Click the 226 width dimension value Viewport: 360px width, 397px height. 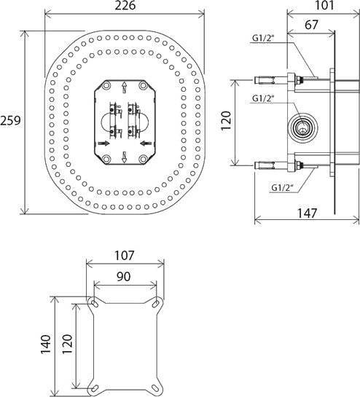click(125, 5)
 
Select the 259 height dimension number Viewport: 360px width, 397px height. click(10, 120)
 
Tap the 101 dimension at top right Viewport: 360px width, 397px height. click(324, 5)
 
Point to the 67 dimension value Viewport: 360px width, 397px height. click(311, 25)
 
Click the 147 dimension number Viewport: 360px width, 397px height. click(307, 213)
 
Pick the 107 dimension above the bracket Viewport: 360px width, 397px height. click(124, 256)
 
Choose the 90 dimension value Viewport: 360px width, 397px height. click(124, 277)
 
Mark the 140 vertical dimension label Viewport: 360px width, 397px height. click(46, 344)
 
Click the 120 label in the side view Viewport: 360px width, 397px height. click(226, 120)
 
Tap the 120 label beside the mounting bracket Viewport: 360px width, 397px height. click(67, 344)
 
